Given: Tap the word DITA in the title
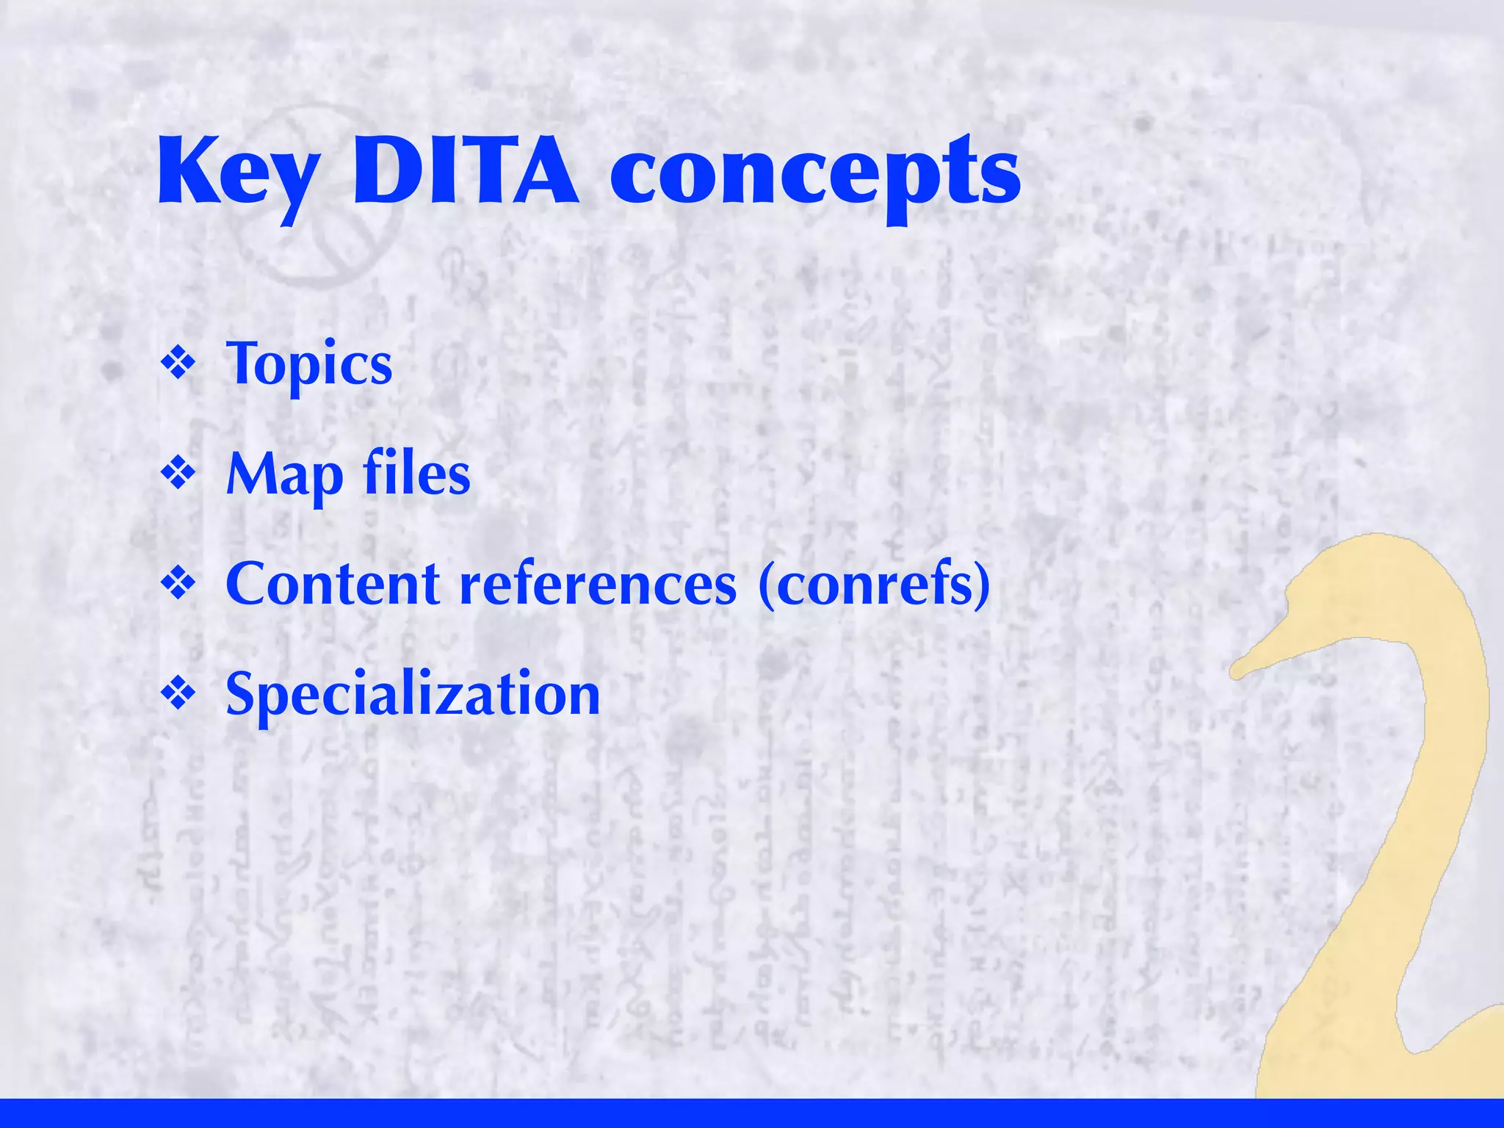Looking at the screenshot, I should [x=466, y=173].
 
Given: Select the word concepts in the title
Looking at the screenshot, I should [x=815, y=176].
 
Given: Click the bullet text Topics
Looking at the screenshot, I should [x=308, y=364].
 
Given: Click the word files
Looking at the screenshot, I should [x=416, y=474].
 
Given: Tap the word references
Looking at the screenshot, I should [x=598, y=584].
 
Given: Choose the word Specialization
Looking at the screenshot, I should [x=413, y=694].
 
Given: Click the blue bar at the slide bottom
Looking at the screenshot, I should [x=752, y=1113].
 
